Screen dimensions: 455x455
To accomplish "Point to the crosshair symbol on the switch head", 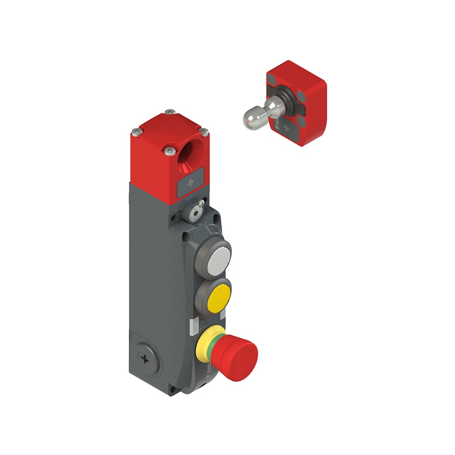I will pyautogui.click(x=190, y=183).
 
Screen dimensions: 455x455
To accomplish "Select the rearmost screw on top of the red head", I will pyautogui.click(x=170, y=111).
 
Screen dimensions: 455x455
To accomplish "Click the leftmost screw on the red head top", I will pyautogui.click(x=135, y=132).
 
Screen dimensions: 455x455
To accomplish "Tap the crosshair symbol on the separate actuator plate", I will pyautogui.click(x=286, y=127).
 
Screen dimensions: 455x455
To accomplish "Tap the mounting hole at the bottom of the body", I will pyautogui.click(x=173, y=389).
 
